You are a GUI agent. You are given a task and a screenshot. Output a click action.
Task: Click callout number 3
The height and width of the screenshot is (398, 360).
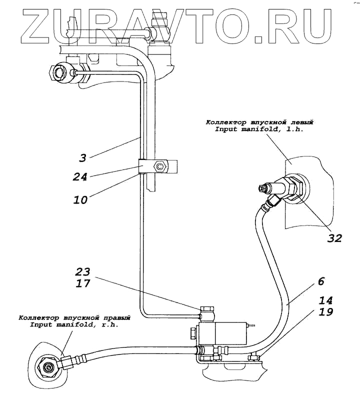tap(82, 158)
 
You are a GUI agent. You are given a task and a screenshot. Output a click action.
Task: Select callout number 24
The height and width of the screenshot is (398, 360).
tap(80, 176)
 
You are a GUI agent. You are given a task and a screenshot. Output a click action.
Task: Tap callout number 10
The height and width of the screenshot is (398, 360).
tap(80, 199)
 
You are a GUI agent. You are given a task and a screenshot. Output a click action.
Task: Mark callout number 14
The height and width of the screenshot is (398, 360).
tap(325, 300)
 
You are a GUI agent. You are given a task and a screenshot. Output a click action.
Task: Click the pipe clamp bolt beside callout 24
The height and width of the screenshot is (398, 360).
tap(160, 166)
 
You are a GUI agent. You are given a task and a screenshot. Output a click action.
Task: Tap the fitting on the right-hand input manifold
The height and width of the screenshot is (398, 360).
tap(50, 367)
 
